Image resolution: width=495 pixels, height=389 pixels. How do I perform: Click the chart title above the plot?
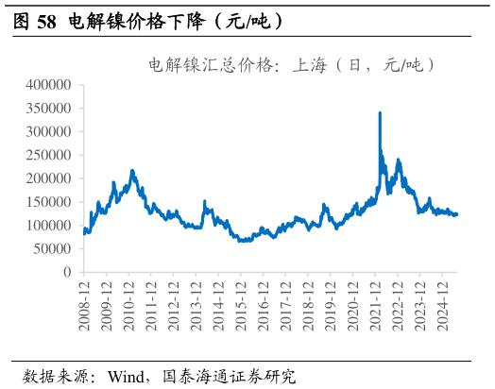click(x=292, y=65)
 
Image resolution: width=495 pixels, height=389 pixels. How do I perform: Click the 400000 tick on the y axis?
click(x=46, y=85)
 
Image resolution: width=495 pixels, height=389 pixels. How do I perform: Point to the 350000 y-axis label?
click(x=46, y=109)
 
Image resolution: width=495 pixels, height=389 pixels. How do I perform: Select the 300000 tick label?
click(x=46, y=132)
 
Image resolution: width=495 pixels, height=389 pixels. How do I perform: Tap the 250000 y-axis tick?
click(x=46, y=156)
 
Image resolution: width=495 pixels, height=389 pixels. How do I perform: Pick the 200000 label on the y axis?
click(x=46, y=178)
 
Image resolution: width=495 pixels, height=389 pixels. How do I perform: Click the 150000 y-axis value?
click(x=46, y=202)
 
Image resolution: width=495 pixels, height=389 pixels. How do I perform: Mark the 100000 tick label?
click(x=46, y=226)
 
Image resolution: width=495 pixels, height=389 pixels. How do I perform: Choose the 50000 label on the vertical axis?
click(x=50, y=249)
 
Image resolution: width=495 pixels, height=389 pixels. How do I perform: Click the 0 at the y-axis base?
click(x=67, y=272)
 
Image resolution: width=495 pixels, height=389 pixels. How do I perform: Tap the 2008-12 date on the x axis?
click(x=84, y=301)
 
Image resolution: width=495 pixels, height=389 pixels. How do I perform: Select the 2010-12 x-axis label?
click(x=129, y=301)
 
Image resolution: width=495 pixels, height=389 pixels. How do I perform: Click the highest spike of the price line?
click(x=380, y=113)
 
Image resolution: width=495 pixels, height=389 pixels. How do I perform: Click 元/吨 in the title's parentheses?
click(x=401, y=65)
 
